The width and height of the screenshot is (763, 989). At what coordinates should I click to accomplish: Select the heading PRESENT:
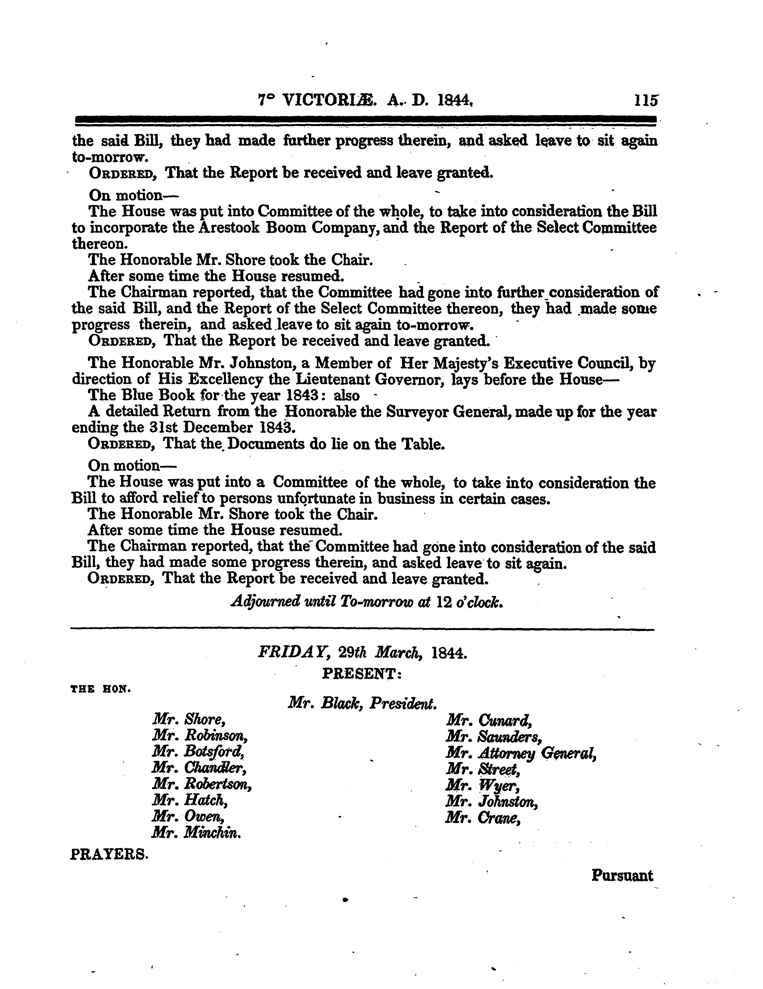tap(362, 675)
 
